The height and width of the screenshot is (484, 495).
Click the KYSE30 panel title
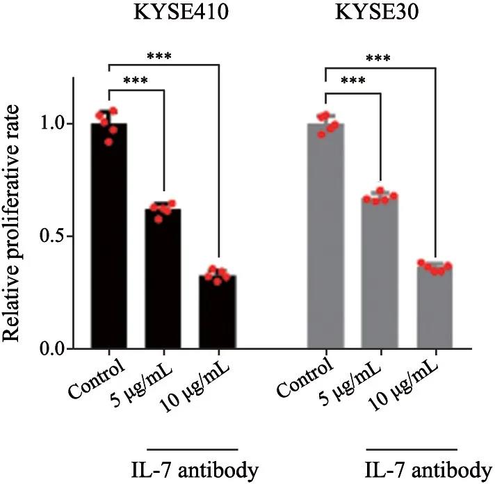click(x=375, y=15)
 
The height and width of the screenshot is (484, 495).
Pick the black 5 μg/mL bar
click(x=163, y=278)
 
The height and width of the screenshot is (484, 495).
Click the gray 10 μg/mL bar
click(x=435, y=306)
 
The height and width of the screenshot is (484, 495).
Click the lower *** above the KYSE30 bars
click(x=354, y=81)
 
